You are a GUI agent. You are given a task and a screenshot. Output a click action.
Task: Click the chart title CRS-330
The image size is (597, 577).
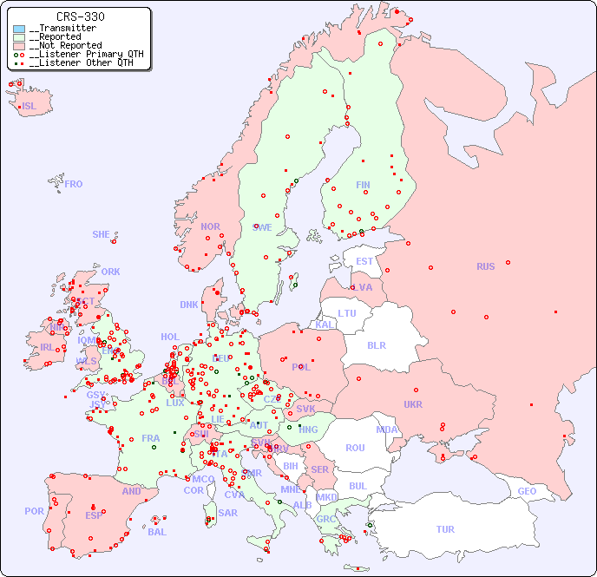tap(81, 16)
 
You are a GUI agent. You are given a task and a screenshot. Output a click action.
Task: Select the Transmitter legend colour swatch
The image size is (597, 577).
tap(19, 29)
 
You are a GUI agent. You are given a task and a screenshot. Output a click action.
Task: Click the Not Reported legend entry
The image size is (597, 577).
tap(65, 45)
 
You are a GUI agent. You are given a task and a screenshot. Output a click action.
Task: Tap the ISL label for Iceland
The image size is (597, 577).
tap(30, 107)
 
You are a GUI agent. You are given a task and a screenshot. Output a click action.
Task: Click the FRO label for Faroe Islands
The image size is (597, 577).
tap(74, 184)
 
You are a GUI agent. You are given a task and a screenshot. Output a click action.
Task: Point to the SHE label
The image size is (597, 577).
tap(102, 234)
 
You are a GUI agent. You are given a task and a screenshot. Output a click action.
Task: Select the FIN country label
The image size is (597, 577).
tap(363, 185)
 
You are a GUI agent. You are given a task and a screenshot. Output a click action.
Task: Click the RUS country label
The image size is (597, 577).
tap(485, 266)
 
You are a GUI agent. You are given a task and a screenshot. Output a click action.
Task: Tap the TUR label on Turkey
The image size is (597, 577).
tap(445, 529)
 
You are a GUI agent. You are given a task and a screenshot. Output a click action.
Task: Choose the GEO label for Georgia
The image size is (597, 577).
tap(527, 491)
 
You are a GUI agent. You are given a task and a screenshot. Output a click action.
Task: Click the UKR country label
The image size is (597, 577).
tap(413, 404)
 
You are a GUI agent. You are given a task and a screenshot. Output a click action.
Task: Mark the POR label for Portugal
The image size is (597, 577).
tap(34, 511)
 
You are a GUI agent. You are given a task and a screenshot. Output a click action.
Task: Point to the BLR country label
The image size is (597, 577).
tap(376, 344)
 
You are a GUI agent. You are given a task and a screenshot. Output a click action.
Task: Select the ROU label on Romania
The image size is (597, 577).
tap(355, 448)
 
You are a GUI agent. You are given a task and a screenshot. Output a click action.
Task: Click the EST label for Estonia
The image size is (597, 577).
tap(364, 261)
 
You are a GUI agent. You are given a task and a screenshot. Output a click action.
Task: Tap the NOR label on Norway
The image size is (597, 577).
tap(210, 226)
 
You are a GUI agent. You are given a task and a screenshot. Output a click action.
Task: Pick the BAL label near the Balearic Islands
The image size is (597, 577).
tap(157, 532)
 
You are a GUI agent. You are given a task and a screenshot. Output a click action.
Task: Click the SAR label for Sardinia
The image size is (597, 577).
tap(227, 513)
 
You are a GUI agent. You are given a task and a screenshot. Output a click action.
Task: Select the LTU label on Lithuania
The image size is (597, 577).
tap(347, 313)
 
